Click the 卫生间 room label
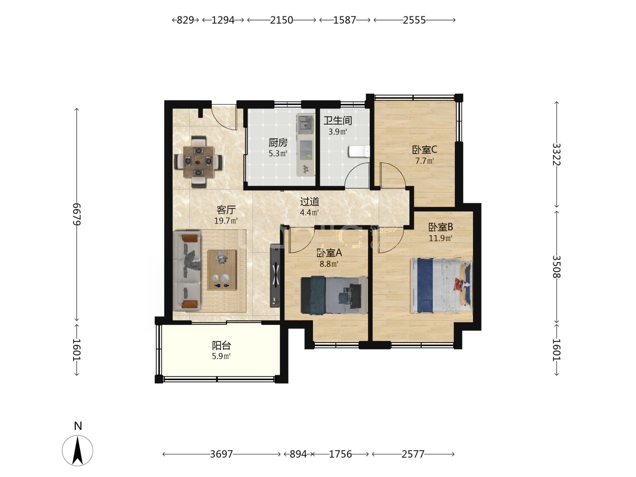coord(338,120)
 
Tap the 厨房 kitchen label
coord(278,143)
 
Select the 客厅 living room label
coord(226,210)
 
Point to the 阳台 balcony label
coord(221,345)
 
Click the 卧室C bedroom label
coord(424,149)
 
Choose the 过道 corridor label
coord(309,201)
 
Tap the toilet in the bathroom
coord(359,151)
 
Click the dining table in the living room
coord(198,162)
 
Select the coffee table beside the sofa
coord(222,270)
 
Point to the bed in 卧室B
coord(441,285)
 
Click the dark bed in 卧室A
coord(334,295)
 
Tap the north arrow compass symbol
coord(78,451)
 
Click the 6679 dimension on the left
coord(77,214)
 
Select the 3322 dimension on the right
coord(556,154)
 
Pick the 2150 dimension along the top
coord(282,20)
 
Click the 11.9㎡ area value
coord(441,238)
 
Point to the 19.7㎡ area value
coord(226,221)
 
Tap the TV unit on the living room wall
coord(275,275)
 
